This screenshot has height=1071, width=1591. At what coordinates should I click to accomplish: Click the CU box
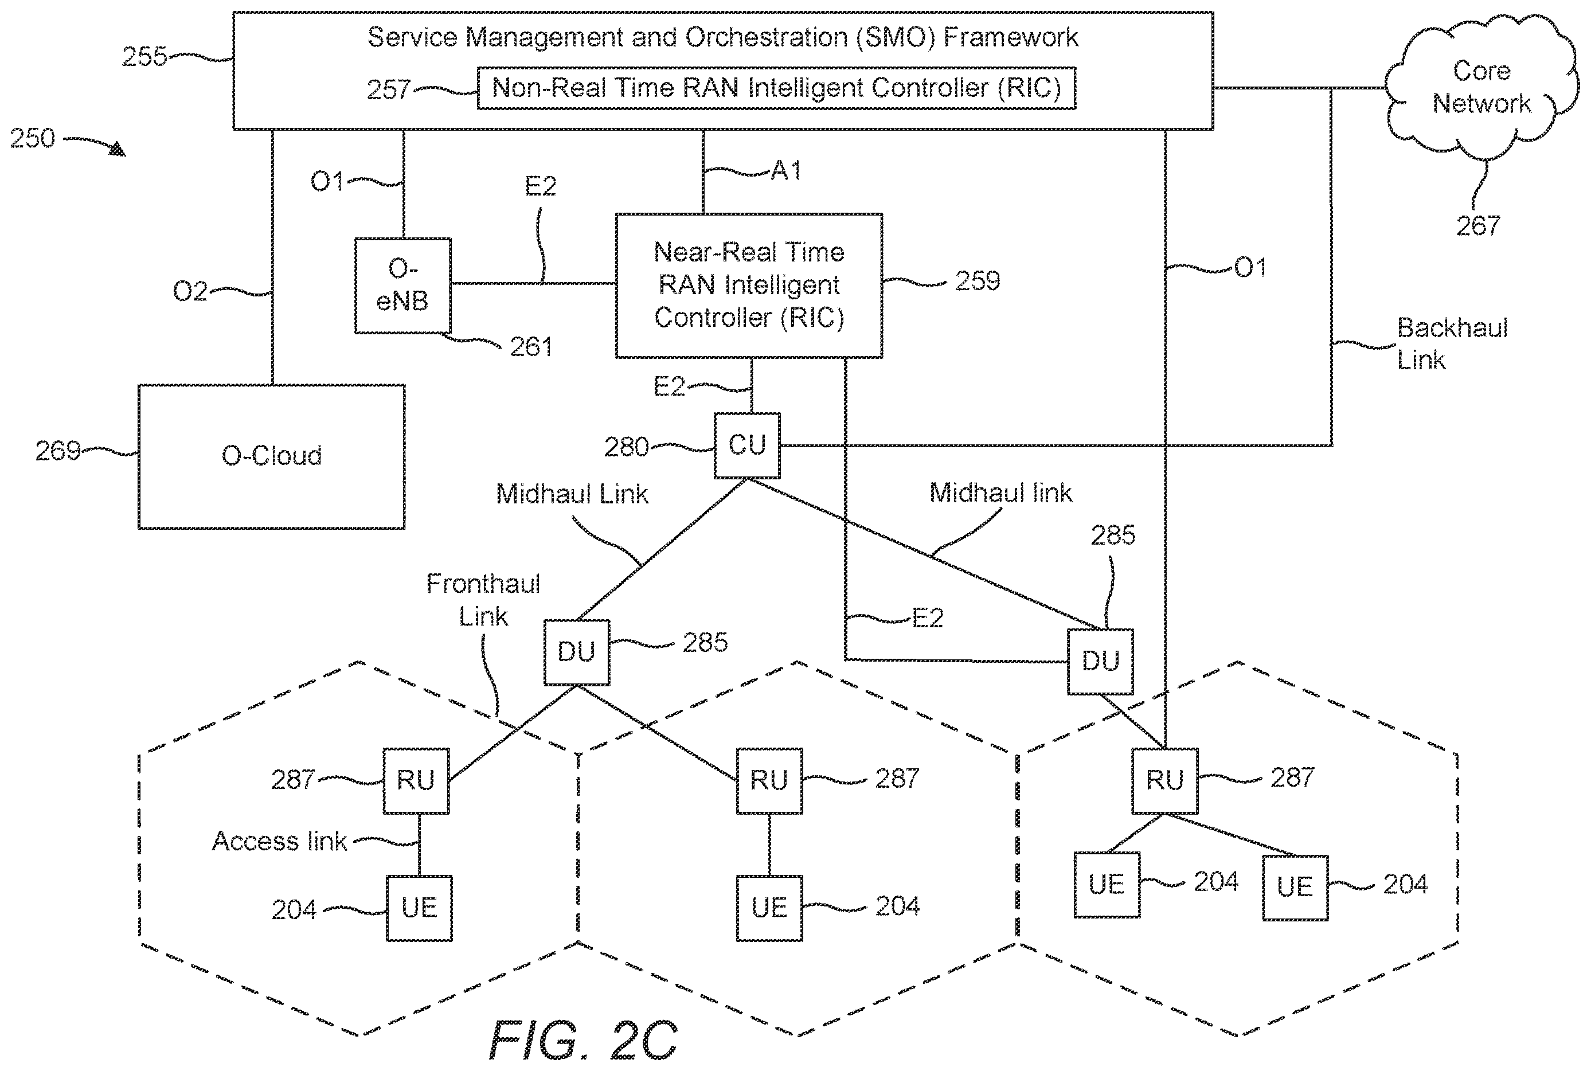tap(747, 445)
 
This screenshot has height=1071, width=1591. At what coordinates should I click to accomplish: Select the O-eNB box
tap(403, 286)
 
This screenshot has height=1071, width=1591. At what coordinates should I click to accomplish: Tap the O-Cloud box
tap(272, 456)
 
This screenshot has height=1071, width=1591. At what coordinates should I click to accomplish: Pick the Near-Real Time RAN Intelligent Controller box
tap(749, 286)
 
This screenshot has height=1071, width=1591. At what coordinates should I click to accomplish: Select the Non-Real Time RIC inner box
tap(776, 88)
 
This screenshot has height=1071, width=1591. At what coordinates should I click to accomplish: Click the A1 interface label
tap(786, 170)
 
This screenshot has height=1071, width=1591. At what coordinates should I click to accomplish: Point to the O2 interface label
tap(190, 292)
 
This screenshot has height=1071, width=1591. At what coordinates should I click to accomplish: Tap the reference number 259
tap(978, 281)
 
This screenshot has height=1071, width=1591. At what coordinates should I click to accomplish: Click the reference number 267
tap(1478, 225)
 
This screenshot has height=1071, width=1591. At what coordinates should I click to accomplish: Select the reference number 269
tap(58, 451)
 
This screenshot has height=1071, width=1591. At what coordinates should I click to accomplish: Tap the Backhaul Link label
tap(1452, 343)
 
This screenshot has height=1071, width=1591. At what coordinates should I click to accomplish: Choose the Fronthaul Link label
tap(483, 600)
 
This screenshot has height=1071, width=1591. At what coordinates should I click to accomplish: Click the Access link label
tap(280, 841)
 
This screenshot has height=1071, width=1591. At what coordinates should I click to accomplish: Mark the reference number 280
tap(626, 447)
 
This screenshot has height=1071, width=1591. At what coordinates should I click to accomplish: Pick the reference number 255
tap(144, 56)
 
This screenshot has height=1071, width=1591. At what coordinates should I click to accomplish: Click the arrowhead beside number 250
tap(118, 149)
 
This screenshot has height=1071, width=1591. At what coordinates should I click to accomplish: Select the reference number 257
tap(389, 89)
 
